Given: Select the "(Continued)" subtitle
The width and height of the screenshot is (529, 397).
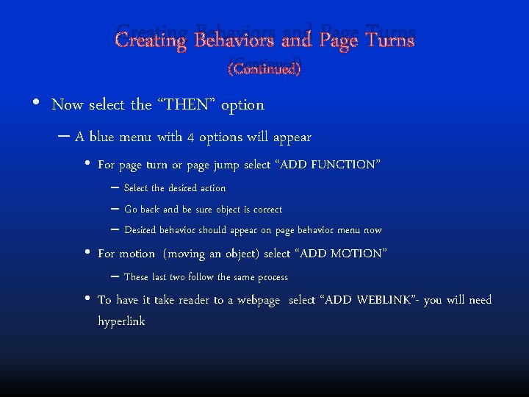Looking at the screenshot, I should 264,69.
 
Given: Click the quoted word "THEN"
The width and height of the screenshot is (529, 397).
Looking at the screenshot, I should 186,104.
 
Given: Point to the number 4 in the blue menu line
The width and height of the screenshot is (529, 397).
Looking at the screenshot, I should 190,137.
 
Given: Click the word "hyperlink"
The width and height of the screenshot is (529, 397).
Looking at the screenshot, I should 121,321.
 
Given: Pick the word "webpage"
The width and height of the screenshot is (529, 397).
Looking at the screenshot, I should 259,300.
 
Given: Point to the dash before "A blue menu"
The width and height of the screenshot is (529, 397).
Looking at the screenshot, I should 64,136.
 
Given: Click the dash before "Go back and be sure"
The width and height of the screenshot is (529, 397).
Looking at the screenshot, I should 114,208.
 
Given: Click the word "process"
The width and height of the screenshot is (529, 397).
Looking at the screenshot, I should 271,277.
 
